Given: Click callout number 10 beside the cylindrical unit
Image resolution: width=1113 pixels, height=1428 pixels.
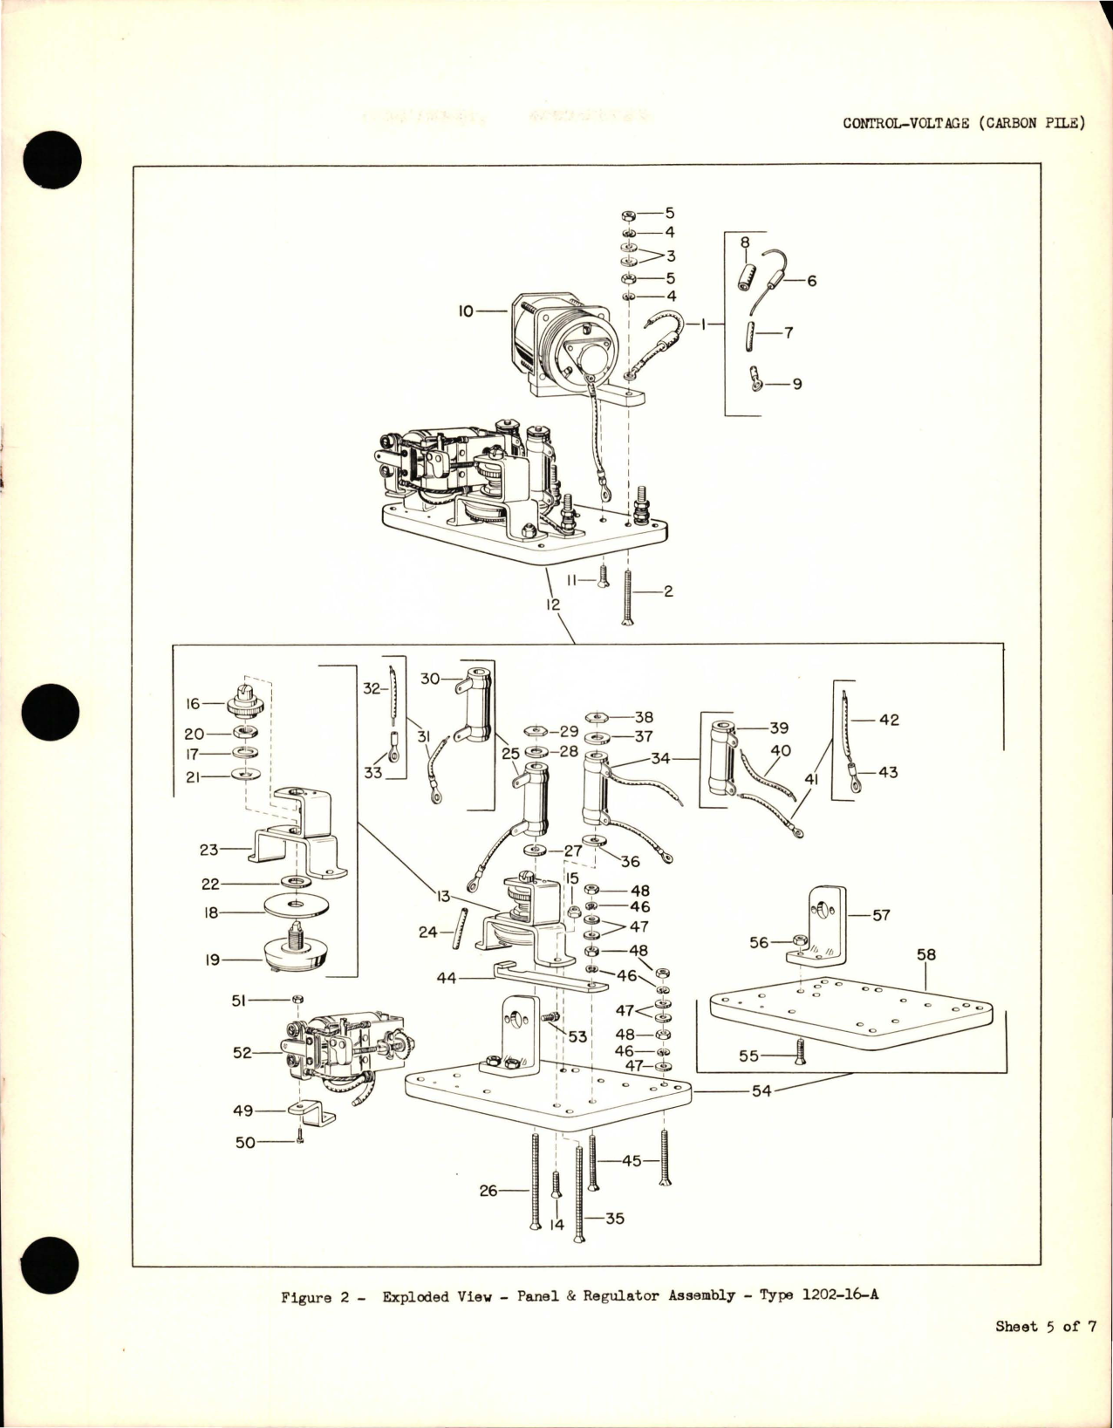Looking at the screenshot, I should click(466, 310).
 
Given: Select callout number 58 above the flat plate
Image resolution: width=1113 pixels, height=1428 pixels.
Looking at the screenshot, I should click(925, 955).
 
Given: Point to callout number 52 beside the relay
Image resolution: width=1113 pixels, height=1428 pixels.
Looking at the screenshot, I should click(242, 1053).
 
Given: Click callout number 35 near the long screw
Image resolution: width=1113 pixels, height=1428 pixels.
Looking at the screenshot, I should click(614, 1218).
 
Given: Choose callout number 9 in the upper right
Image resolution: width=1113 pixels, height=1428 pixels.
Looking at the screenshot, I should click(796, 384).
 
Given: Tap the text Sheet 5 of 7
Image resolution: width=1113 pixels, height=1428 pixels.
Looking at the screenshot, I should click(1045, 1327).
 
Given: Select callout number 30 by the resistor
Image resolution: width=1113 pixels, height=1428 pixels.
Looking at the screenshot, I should click(430, 678).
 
